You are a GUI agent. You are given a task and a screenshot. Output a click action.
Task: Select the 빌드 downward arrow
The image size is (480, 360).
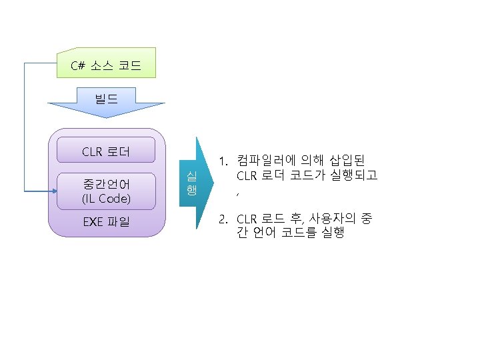click(x=106, y=103)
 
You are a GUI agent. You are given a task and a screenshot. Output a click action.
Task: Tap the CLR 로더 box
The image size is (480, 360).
click(x=106, y=151)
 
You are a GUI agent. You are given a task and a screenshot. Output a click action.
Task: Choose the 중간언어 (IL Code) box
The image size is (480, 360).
click(x=106, y=191)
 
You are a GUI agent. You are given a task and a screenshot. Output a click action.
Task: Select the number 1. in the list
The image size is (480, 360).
click(x=225, y=161)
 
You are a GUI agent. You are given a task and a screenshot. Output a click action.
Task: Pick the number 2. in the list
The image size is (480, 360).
click(x=225, y=219)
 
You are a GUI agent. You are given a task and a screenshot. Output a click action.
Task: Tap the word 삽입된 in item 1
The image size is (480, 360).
click(x=351, y=161)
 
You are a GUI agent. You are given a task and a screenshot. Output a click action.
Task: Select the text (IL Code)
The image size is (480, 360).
click(x=106, y=199)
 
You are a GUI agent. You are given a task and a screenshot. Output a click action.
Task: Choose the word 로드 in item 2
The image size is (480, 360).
click(x=272, y=219)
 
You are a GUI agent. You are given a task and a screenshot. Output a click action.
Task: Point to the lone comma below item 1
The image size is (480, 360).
click(x=238, y=193)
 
